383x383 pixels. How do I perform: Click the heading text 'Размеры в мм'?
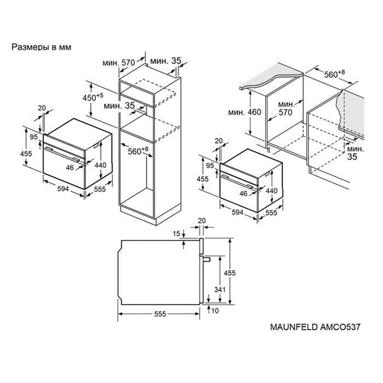tap(42, 47)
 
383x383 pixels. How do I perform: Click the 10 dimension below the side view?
tap(214, 311)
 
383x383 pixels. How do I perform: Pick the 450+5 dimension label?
tap(93, 97)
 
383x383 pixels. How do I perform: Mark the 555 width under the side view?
tap(160, 314)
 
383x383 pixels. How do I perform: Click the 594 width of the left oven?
tap(62, 188)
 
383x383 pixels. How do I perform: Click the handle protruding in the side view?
tap(207, 259)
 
